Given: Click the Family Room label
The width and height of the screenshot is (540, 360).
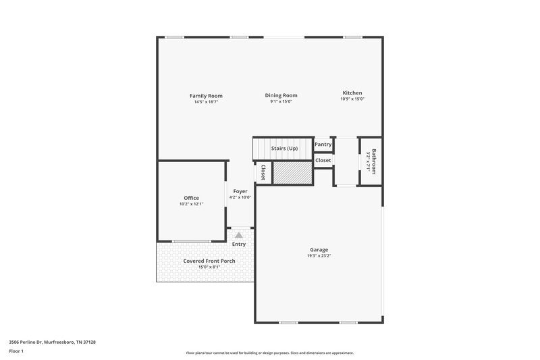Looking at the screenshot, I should (206, 96).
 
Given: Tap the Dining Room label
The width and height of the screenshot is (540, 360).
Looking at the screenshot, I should (281, 95).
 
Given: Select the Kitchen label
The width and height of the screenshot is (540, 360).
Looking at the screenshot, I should (352, 93).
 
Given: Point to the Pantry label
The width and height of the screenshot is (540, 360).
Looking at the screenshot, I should (323, 145).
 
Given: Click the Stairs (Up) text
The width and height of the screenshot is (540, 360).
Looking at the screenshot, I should (284, 148).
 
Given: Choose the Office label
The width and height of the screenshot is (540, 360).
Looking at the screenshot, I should (191, 198).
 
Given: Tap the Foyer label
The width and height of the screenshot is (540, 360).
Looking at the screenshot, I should (240, 191).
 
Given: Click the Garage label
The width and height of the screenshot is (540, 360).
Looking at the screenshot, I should (319, 250).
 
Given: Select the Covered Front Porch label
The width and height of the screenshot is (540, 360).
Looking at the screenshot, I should (209, 261).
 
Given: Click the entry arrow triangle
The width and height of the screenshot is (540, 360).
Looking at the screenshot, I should (238, 234).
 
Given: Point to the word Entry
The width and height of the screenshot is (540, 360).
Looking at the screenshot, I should (239, 244).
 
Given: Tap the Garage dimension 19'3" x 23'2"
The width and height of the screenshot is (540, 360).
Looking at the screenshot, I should (319, 256).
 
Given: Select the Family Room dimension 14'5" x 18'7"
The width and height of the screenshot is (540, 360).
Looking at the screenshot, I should (206, 102).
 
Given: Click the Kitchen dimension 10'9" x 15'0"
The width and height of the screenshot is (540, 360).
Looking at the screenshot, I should (352, 99).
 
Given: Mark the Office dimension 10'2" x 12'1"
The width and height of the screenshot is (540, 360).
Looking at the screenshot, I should (191, 204).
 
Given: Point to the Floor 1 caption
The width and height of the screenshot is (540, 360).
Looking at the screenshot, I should (16, 351).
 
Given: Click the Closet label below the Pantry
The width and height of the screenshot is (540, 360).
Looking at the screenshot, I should (323, 160).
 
